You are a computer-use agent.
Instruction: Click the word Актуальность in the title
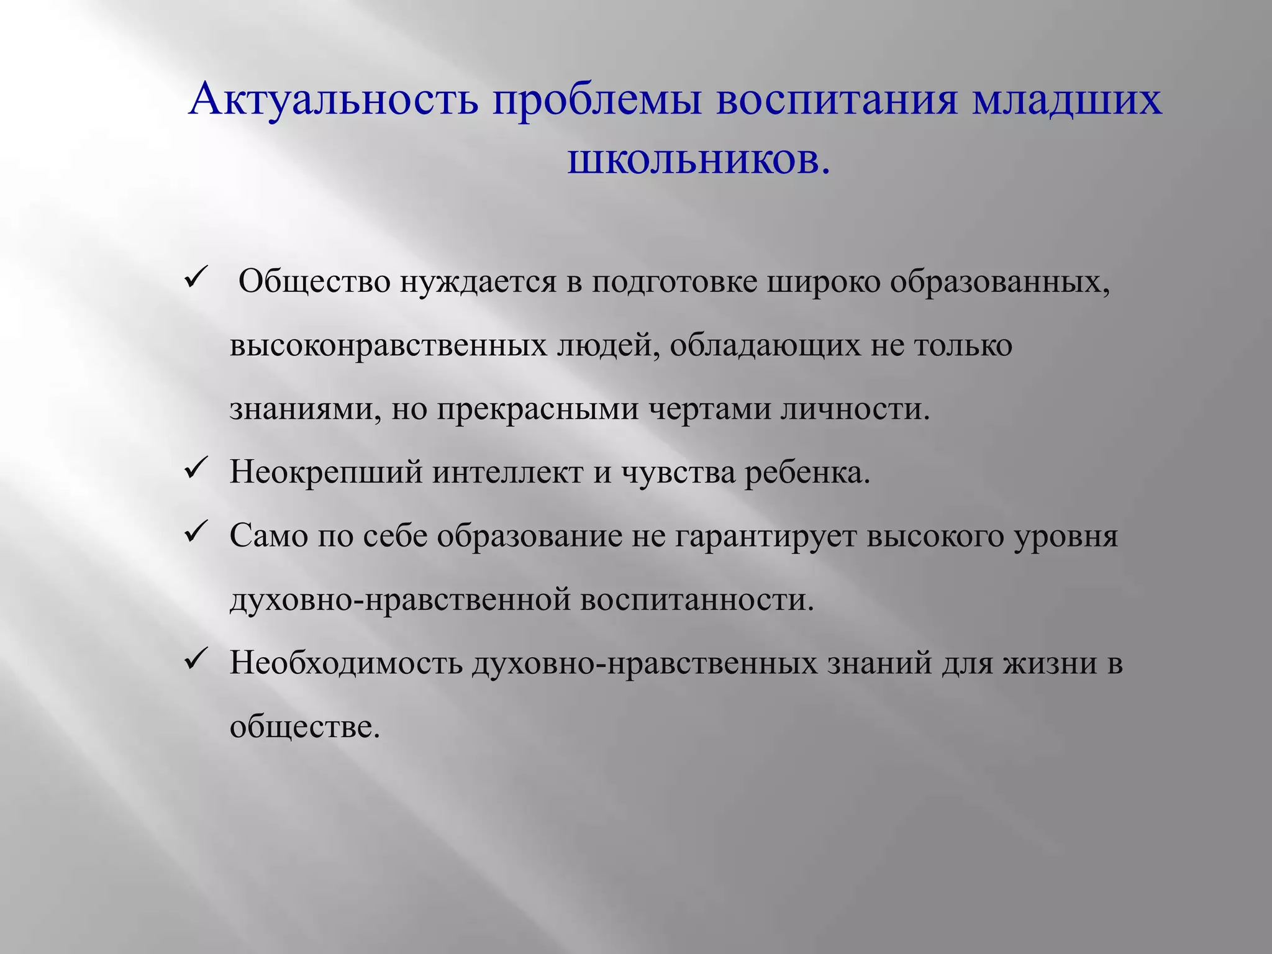tap(334, 99)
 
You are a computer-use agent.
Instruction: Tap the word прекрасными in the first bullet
tap(537, 410)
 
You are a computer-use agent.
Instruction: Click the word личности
tap(855, 410)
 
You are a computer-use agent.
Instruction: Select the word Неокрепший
tap(327, 473)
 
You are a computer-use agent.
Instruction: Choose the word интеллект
tap(507, 473)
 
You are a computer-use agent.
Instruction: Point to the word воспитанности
tap(696, 600)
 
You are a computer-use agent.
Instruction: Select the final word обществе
tap(304, 727)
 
